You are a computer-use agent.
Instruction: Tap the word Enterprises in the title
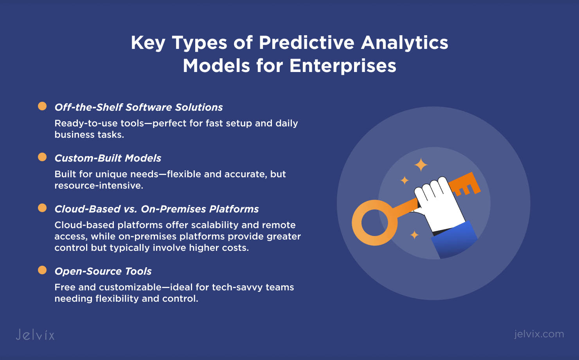tap(343, 66)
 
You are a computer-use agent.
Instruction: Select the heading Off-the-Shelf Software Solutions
tap(138, 107)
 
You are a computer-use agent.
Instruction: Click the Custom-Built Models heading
tap(108, 158)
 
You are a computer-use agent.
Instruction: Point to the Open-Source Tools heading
tap(103, 271)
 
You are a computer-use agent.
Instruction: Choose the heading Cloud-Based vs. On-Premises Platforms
tap(156, 209)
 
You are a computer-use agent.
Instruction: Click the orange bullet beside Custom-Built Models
tap(42, 157)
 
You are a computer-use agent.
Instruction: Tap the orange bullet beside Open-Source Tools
tap(42, 270)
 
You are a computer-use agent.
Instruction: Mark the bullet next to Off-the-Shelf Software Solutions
tap(42, 106)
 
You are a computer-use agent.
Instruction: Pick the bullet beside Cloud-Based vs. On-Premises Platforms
tap(42, 208)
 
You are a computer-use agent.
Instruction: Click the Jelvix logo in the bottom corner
tap(35, 335)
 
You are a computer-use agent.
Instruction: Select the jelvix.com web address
tap(539, 334)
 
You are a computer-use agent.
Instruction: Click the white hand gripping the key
tap(439, 204)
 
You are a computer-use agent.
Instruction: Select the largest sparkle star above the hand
tap(421, 165)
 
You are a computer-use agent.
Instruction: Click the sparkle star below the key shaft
tap(414, 235)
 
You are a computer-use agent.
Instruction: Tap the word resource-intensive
tap(99, 185)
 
